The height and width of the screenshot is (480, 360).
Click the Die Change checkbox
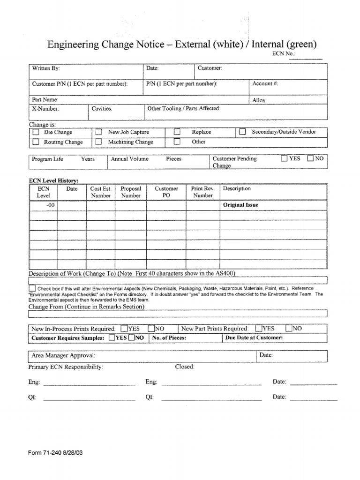36,133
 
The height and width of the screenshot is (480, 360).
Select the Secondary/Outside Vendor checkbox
242,132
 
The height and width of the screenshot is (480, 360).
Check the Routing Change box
36,142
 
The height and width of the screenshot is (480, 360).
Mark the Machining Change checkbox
98,142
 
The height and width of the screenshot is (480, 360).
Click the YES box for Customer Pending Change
284,158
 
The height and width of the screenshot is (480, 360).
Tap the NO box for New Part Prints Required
289,329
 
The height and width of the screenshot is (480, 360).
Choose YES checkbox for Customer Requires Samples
112,337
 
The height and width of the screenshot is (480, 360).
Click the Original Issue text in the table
240,205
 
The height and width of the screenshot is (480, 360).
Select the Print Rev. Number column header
203,192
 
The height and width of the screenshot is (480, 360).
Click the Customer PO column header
166,192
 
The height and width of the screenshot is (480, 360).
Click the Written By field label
45,68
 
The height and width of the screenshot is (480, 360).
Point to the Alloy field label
259,100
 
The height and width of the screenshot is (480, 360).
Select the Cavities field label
102,108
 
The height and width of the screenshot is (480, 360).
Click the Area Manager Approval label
63,355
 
